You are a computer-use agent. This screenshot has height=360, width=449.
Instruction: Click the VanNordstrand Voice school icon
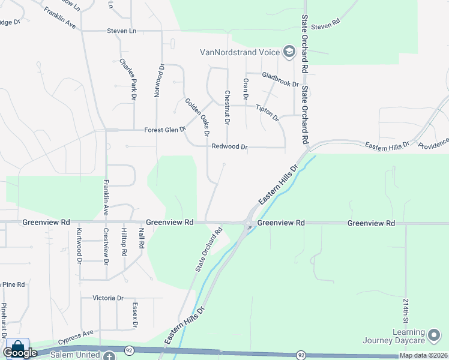click(289, 52)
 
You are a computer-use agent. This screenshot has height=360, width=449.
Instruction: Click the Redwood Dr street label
click(229, 146)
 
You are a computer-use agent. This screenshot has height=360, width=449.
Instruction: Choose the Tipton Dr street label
click(268, 112)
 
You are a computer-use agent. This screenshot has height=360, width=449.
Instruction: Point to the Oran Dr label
click(245, 89)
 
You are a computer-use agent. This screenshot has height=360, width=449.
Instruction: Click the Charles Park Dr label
click(128, 78)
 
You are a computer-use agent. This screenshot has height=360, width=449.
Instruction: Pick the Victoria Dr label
click(108, 298)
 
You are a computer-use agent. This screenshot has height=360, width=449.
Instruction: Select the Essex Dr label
click(134, 315)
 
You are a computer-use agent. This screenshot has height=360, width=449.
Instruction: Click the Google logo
click(20, 352)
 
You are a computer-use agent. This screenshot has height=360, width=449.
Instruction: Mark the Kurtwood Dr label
click(79, 246)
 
